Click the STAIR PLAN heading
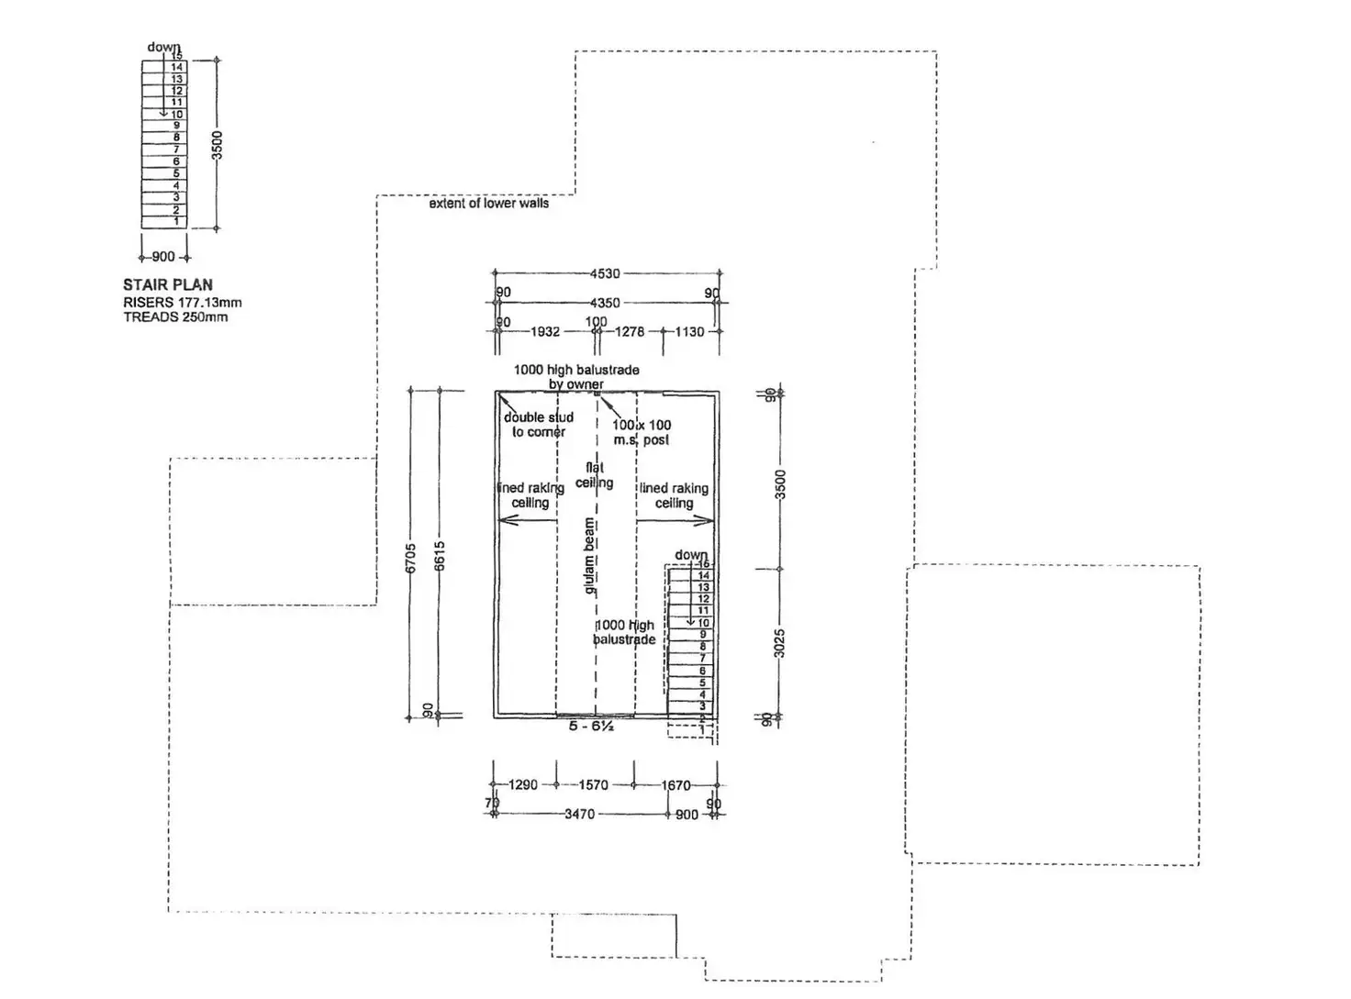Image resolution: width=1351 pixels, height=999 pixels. click(x=168, y=285)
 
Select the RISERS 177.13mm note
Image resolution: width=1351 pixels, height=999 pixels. click(x=183, y=303)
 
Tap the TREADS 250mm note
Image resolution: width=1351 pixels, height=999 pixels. click(x=175, y=317)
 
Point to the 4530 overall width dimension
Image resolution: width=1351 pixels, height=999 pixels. click(x=605, y=273)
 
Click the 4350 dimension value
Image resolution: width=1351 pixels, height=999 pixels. click(x=605, y=303)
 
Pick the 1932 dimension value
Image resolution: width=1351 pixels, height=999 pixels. click(x=545, y=332)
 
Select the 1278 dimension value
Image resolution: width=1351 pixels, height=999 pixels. click(x=630, y=332)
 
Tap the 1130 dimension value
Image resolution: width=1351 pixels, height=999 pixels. click(x=689, y=332)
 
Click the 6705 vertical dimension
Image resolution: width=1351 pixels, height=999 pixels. click(x=411, y=558)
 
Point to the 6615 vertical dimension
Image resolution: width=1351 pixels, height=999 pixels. click(x=440, y=556)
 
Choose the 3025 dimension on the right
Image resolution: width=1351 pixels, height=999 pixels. click(x=780, y=643)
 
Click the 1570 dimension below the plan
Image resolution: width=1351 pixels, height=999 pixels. click(x=593, y=785)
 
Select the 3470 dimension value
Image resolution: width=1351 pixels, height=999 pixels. click(x=579, y=814)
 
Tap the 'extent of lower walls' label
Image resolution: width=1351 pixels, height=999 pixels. click(x=488, y=204)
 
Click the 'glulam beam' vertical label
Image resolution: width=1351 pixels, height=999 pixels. click(x=589, y=556)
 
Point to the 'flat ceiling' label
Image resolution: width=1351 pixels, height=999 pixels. click(x=594, y=475)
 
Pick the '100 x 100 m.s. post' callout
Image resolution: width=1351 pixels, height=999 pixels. click(x=642, y=432)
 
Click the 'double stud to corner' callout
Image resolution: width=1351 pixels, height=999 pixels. click(x=539, y=425)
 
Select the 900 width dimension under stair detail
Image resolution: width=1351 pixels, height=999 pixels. click(x=163, y=257)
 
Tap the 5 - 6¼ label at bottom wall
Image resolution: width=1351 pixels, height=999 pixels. click(x=591, y=727)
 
